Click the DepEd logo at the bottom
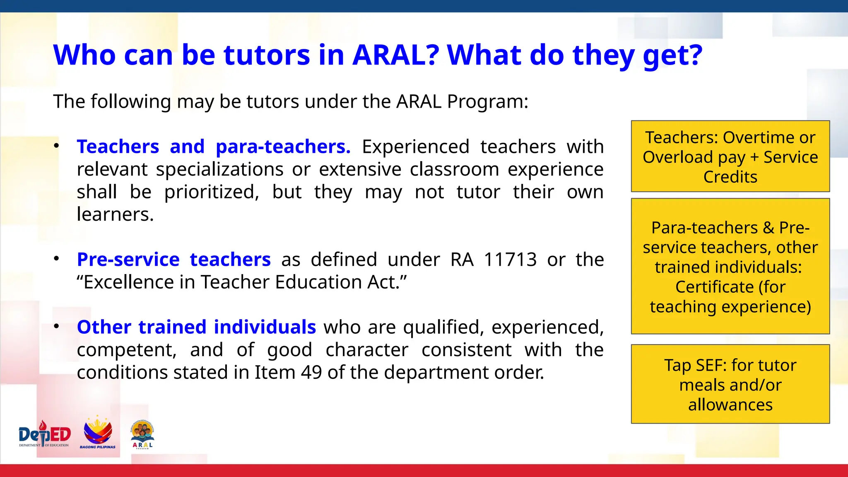click(x=45, y=435)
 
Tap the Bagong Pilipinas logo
click(x=98, y=433)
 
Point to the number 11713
click(x=510, y=260)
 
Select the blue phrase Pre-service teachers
click(x=173, y=260)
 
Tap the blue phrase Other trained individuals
click(x=196, y=328)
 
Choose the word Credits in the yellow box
click(x=730, y=177)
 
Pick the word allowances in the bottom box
click(x=730, y=405)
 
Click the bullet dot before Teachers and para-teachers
click(x=57, y=146)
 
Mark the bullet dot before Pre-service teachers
click(x=57, y=259)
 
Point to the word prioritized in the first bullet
click(x=212, y=192)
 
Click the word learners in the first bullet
click(x=115, y=214)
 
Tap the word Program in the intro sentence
click(x=487, y=102)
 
